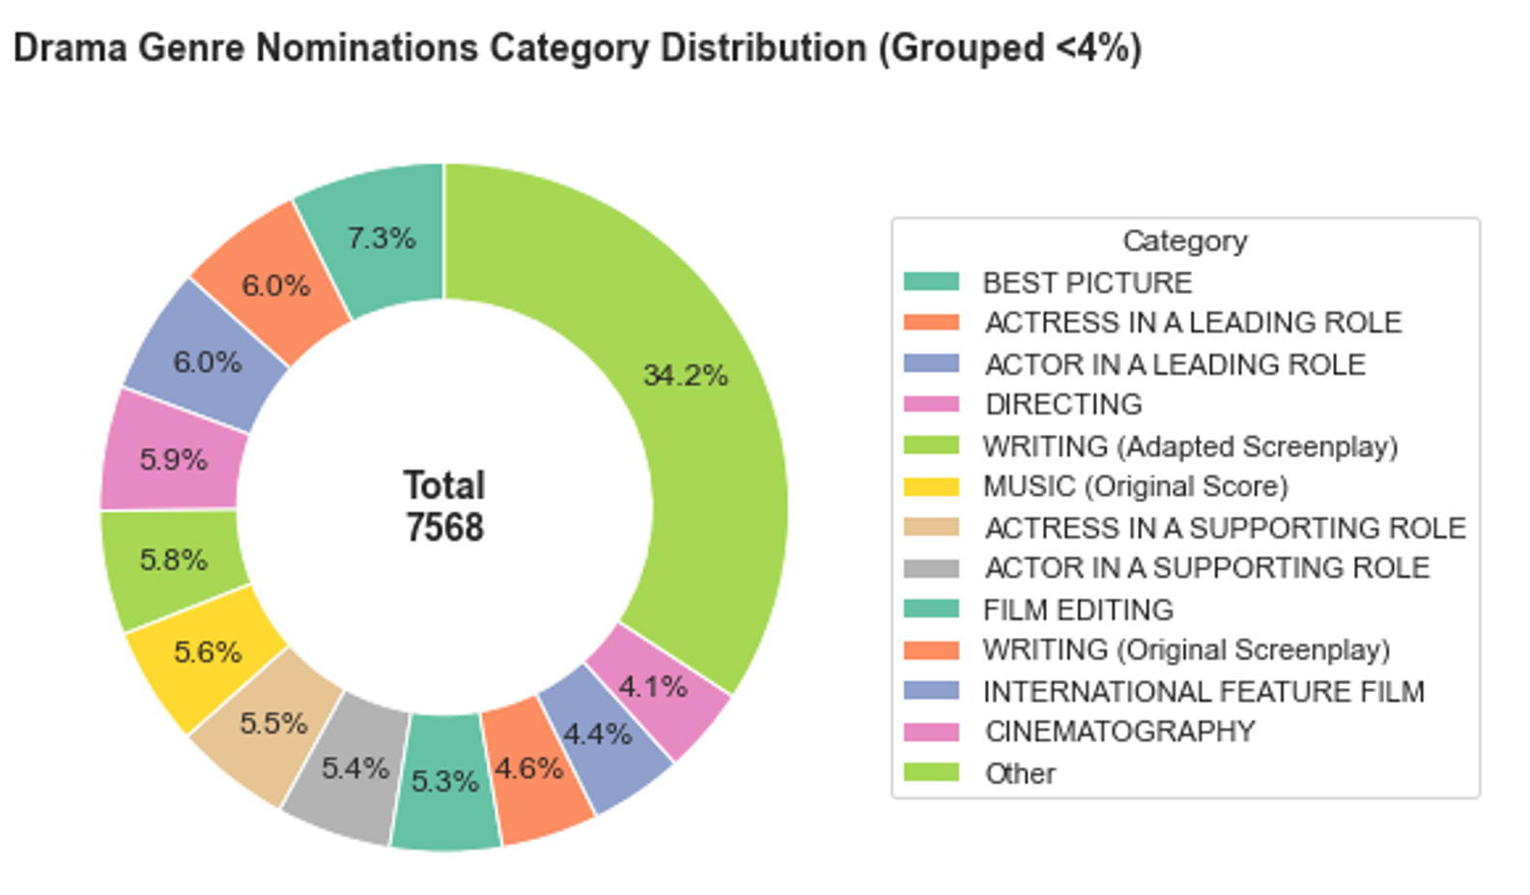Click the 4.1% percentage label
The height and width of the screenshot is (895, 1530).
(x=653, y=687)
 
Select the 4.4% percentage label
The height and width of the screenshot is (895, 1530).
(x=597, y=735)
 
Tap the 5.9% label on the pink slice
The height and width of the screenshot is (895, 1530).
(x=173, y=460)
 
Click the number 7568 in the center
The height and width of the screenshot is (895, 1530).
(x=444, y=528)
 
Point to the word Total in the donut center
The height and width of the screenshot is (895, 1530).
(x=444, y=485)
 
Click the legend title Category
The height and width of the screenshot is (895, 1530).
(x=1184, y=241)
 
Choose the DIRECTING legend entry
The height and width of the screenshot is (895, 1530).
(x=1062, y=404)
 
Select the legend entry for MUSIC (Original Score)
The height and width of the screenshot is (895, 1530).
(x=1135, y=486)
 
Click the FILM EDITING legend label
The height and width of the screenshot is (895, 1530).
(x=1078, y=610)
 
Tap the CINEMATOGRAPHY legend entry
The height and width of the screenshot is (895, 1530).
(x=1119, y=732)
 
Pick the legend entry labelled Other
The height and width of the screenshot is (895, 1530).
(x=1020, y=773)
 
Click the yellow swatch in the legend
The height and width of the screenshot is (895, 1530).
(x=931, y=486)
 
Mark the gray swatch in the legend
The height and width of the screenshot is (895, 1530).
(x=931, y=568)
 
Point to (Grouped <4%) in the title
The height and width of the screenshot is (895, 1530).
(x=1009, y=47)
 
